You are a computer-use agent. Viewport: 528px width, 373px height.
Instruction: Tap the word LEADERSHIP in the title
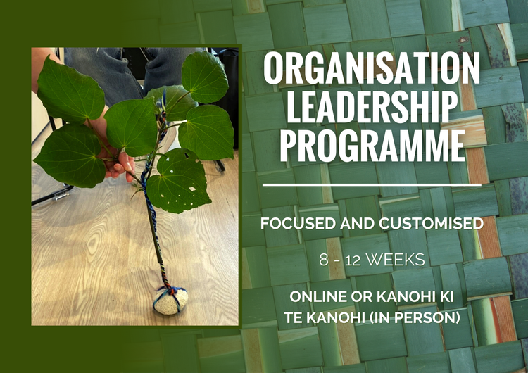pyautogui.click(x=372, y=108)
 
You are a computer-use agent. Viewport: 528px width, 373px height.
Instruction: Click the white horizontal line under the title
pyautogui.click(x=372, y=185)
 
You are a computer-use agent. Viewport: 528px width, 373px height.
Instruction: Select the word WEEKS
pyautogui.click(x=398, y=260)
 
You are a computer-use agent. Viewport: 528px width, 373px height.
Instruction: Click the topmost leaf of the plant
pyautogui.click(x=204, y=77)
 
